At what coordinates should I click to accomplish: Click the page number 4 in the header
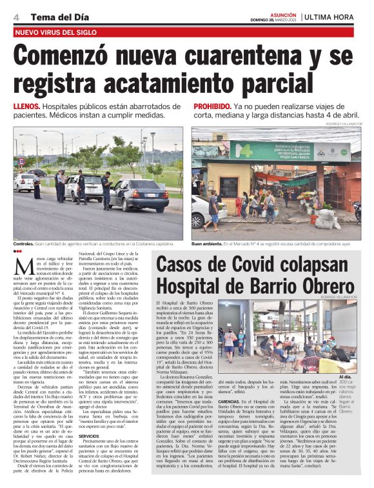[x=15, y=16]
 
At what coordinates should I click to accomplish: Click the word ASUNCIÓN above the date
[x=284, y=14]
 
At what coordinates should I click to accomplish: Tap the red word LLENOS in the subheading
[x=28, y=107]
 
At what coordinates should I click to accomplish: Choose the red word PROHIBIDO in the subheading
[x=212, y=107]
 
